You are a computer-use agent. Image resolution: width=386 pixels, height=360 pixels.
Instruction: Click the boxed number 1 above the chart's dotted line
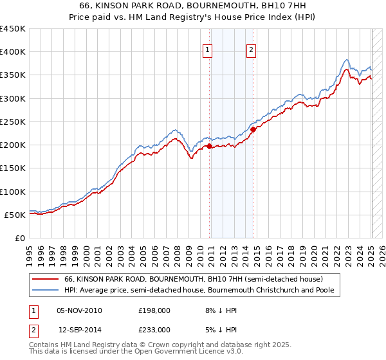click(208, 51)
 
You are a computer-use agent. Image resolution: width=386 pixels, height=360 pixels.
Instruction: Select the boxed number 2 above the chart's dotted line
click(251, 51)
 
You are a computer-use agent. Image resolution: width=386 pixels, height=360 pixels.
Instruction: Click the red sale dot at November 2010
click(210, 146)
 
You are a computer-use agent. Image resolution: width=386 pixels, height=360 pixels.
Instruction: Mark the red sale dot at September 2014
click(253, 129)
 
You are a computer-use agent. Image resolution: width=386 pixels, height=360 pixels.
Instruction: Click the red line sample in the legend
click(46, 279)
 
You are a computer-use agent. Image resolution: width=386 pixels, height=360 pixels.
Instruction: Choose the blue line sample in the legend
click(46, 290)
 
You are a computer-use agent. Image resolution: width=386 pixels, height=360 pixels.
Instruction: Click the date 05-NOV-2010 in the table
click(79, 310)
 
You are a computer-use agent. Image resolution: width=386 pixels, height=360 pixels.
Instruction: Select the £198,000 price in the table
click(154, 310)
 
